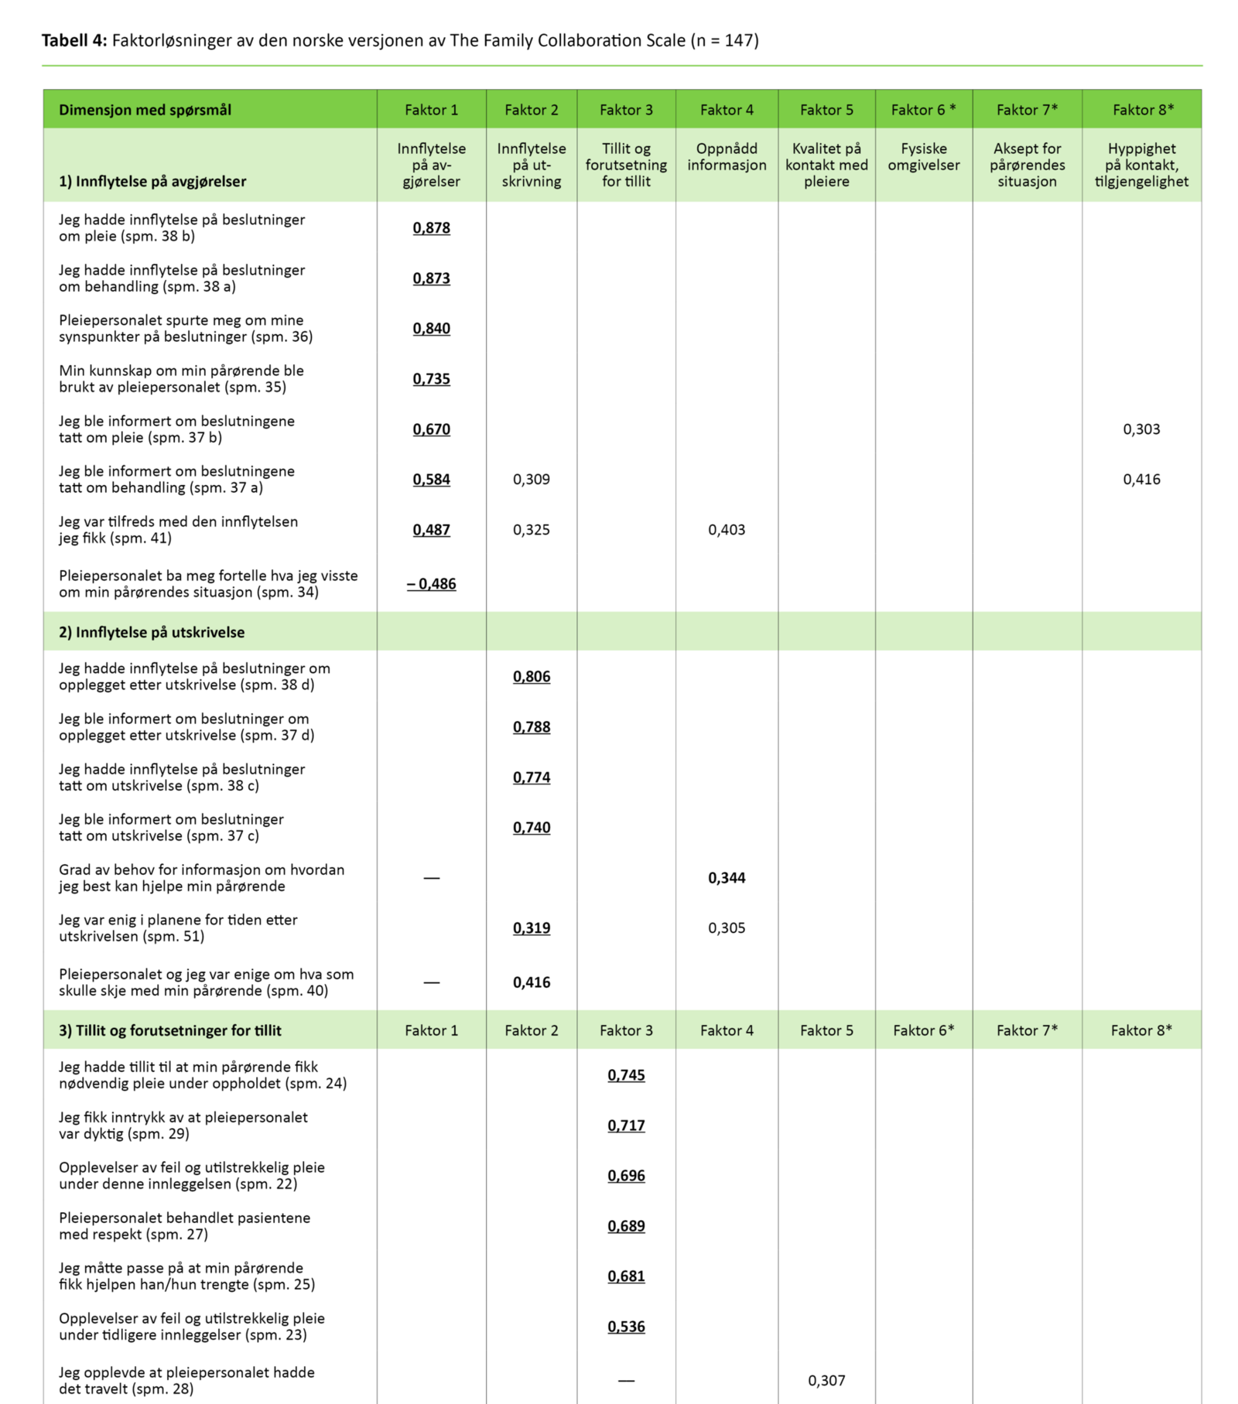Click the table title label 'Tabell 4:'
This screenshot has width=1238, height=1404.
tap(74, 40)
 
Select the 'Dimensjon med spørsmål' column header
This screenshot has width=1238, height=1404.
tap(145, 110)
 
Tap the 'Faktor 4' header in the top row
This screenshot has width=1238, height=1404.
tap(727, 110)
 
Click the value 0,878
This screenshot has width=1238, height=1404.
tap(431, 227)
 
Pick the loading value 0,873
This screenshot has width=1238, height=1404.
tap(431, 278)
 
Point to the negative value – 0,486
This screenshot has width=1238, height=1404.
tap(431, 584)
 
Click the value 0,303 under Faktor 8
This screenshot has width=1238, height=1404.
tap(1141, 429)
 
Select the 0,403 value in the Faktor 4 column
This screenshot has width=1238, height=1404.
tap(727, 530)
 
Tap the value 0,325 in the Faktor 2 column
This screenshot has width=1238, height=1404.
tap(532, 530)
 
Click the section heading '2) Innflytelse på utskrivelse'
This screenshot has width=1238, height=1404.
tap(152, 632)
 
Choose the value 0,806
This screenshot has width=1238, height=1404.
tap(532, 677)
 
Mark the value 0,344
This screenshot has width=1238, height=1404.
tap(727, 878)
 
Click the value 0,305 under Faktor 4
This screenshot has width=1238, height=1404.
tap(727, 928)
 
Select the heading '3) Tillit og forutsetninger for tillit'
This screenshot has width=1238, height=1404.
tap(170, 1030)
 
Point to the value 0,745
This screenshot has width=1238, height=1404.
tap(626, 1075)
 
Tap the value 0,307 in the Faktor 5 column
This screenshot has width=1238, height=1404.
tap(826, 1381)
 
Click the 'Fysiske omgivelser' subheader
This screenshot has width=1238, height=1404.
tap(924, 157)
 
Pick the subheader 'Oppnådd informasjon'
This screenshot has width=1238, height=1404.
tap(727, 157)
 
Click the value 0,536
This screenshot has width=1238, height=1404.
tap(626, 1327)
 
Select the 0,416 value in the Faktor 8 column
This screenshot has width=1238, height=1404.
tap(1141, 480)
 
